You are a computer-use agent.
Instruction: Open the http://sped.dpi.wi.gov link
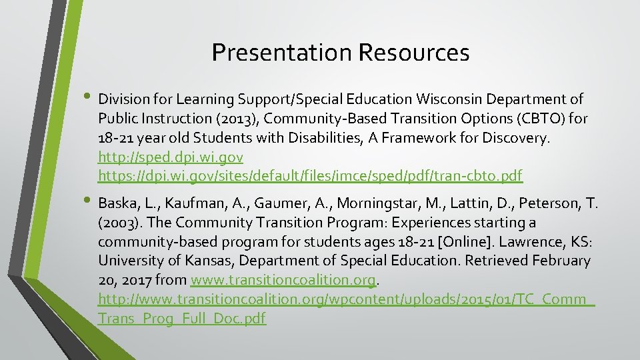(x=170, y=157)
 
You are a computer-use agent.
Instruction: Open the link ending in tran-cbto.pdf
(x=310, y=176)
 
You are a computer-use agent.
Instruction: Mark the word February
(x=558, y=261)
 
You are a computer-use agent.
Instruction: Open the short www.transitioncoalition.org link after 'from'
(x=284, y=280)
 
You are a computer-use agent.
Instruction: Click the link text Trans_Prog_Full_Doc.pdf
(x=182, y=319)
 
